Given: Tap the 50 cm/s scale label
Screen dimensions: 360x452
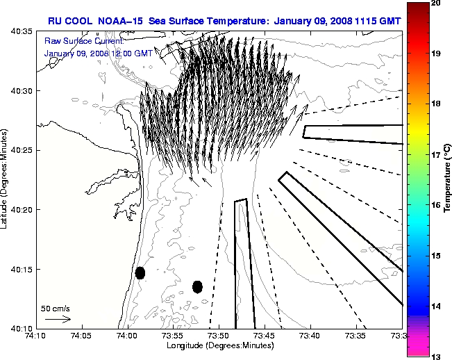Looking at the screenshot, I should tap(55, 308).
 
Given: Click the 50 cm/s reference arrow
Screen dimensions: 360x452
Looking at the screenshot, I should tap(58, 320).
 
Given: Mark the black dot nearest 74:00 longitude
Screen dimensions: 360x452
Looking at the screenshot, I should tap(140, 272).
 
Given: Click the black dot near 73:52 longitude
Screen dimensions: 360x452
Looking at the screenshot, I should tap(197, 286).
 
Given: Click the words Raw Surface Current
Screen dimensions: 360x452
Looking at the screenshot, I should tap(74, 41).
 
